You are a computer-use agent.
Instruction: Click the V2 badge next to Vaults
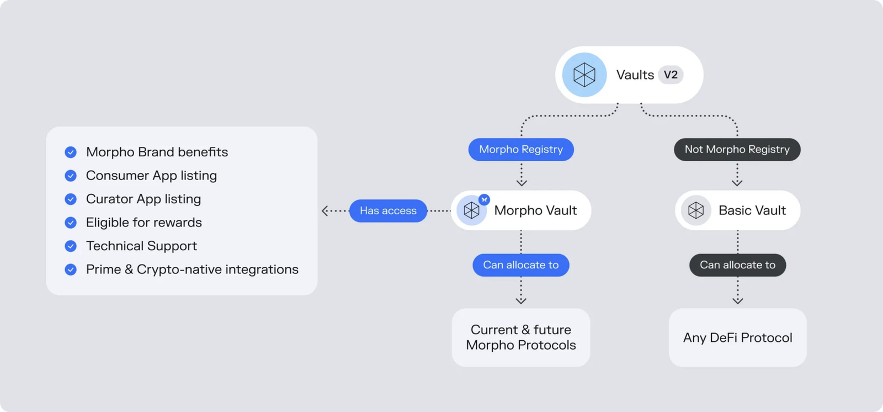point(671,75)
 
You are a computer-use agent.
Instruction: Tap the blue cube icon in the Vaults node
point(584,75)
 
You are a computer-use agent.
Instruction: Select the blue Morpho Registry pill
point(521,149)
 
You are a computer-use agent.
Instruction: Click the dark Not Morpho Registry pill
point(737,149)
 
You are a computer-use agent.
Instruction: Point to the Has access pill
point(388,210)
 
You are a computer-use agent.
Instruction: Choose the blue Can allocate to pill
point(520,265)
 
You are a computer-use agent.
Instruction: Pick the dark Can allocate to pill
point(737,265)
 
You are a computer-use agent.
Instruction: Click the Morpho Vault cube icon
point(471,210)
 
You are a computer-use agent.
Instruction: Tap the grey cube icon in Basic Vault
point(696,210)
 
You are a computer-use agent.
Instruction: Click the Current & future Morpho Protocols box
point(520,337)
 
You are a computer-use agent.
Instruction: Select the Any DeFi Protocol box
point(737,337)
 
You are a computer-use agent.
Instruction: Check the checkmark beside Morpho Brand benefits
point(71,152)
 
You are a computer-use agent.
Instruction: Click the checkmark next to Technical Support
point(71,246)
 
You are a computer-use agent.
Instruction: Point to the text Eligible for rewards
point(143,223)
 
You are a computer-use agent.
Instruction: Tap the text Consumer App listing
point(151,176)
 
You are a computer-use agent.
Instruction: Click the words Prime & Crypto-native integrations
point(192,270)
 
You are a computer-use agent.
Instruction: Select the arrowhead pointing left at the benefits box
point(325,210)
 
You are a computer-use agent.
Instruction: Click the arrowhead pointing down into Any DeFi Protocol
point(737,300)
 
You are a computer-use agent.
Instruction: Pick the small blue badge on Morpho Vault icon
point(484,199)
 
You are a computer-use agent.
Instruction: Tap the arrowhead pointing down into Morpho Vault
point(522,183)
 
